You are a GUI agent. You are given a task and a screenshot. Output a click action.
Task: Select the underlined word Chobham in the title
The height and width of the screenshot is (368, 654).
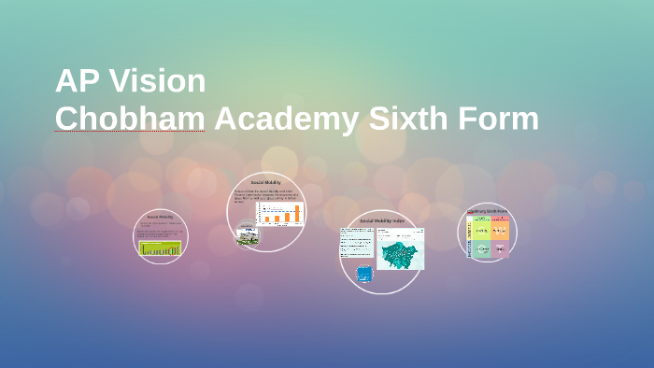pyautogui.click(x=129, y=120)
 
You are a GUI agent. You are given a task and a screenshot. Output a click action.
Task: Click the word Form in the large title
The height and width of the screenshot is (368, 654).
pyautogui.click(x=503, y=120)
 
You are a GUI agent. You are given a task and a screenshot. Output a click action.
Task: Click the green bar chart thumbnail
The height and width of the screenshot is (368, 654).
pyautogui.click(x=160, y=248)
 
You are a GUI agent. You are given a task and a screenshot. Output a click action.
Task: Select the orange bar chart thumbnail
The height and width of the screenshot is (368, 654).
pyautogui.click(x=280, y=213)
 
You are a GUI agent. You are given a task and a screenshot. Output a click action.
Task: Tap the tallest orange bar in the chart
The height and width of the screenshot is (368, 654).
pyautogui.click(x=298, y=213)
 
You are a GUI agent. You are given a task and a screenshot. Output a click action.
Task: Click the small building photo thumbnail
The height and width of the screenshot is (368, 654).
pyautogui.click(x=247, y=235)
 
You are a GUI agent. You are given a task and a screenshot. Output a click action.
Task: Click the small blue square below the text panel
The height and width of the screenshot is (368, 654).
pyautogui.click(x=364, y=274)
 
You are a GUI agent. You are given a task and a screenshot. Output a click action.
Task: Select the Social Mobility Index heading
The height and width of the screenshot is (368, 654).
pyautogui.click(x=382, y=220)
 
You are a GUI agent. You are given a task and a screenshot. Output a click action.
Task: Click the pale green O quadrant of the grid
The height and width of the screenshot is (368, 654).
pyautogui.click(x=482, y=248)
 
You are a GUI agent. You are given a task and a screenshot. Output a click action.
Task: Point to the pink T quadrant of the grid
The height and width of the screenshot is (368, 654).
pyautogui.click(x=501, y=248)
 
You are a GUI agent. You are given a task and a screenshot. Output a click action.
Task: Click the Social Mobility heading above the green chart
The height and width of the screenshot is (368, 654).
pyautogui.click(x=160, y=217)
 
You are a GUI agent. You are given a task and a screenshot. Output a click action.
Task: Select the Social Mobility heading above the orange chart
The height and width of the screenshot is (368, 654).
pyautogui.click(x=266, y=183)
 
